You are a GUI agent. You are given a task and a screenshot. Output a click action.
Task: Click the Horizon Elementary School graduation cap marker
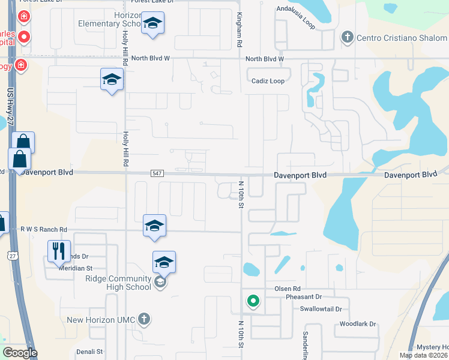(x=152, y=24)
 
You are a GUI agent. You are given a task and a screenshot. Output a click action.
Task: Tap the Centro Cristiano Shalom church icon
(x=347, y=37)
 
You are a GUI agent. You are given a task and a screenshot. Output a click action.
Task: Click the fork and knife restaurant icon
(x=59, y=251)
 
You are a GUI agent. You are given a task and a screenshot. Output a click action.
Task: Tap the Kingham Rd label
(x=240, y=30)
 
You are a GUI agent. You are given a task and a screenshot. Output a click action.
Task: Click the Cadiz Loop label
(x=268, y=81)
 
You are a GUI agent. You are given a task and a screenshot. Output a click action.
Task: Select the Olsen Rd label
(x=287, y=289)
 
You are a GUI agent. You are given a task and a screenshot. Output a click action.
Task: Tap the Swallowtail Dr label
(x=321, y=309)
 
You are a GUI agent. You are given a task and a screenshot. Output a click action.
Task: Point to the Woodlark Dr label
(x=357, y=324)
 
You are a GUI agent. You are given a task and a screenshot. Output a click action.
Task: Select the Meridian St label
(x=75, y=268)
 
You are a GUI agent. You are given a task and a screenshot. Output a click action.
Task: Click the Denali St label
(x=90, y=351)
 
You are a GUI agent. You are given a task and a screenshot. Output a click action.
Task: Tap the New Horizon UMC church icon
(x=143, y=319)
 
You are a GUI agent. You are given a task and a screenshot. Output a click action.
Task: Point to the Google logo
(x=20, y=353)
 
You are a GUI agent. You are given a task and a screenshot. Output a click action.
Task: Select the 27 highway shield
(x=13, y=256)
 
